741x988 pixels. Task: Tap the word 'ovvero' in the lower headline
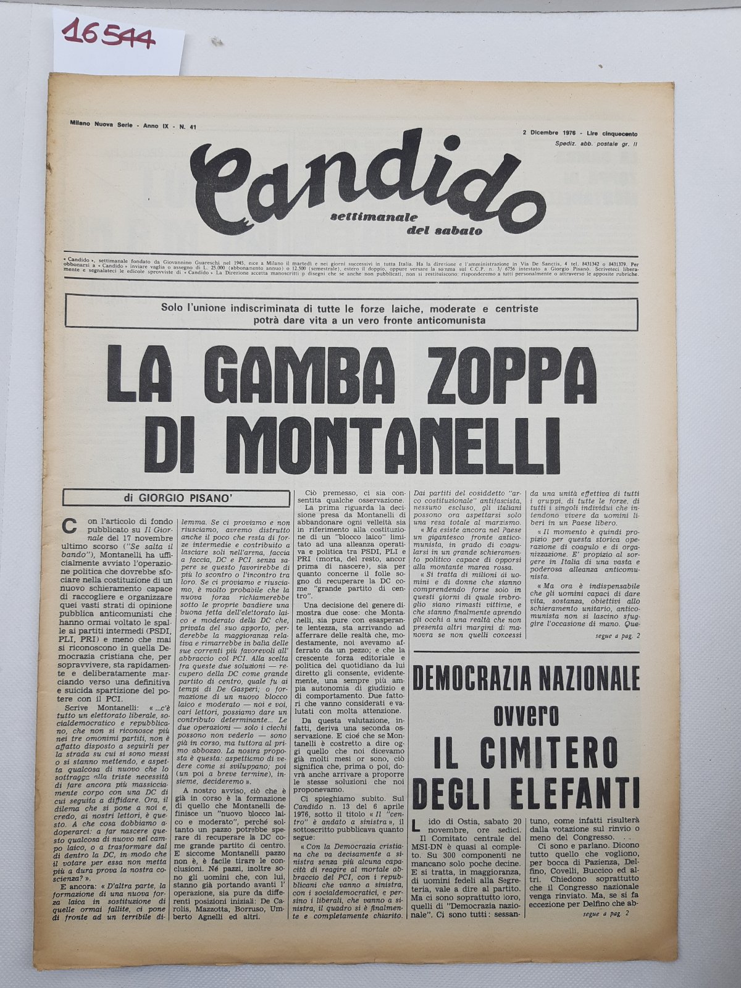coord(527,716)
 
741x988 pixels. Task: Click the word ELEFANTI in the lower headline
coord(567,790)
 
